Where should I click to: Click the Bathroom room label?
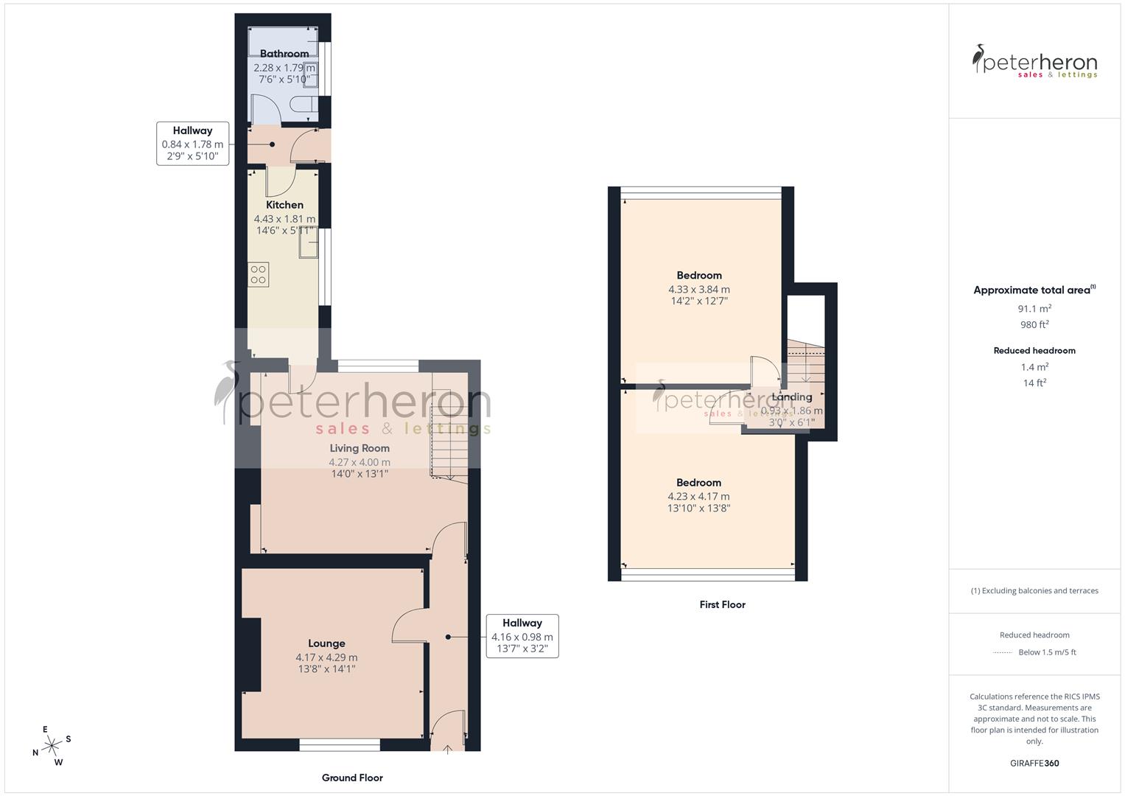coord(284,54)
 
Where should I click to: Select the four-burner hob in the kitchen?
coord(258,275)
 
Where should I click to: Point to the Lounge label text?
coord(326,643)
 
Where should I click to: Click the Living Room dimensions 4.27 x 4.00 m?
coord(360,462)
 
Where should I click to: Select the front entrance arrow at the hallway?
coord(449,748)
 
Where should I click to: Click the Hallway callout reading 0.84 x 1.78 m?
coord(192,143)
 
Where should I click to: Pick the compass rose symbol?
coord(52,746)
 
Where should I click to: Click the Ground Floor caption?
coord(352,778)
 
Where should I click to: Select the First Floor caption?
coord(722,604)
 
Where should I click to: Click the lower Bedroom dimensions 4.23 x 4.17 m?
coord(698,497)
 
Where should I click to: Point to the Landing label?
coord(791,397)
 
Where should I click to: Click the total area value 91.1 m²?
coord(1034,309)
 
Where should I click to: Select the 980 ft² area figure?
coord(1034,325)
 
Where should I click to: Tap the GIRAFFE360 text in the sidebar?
coord(1034,763)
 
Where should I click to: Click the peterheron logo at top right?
coord(1034,61)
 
